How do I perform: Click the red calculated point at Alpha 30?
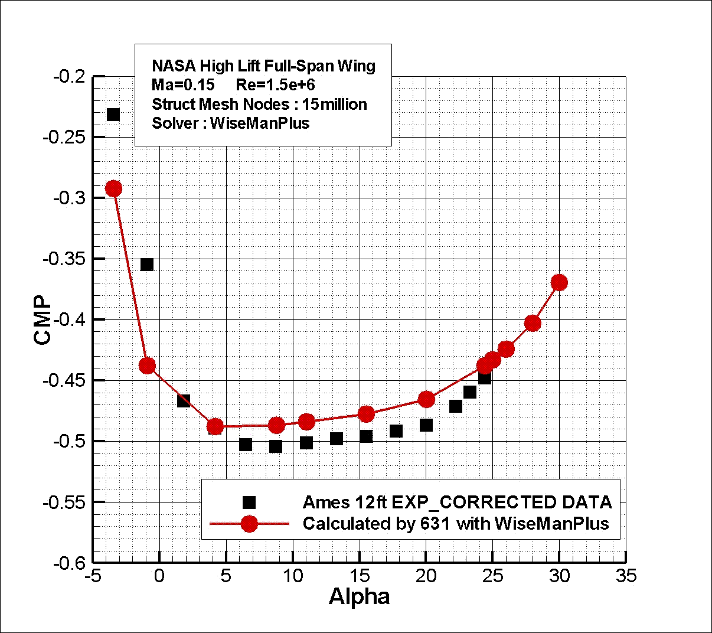pyautogui.click(x=559, y=283)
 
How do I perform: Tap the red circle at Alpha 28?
pyautogui.click(x=533, y=323)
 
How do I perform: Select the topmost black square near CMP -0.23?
pyautogui.click(x=113, y=115)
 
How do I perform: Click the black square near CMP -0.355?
pyautogui.click(x=147, y=265)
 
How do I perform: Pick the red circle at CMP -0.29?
pyautogui.click(x=113, y=189)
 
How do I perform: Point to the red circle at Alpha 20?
pyautogui.click(x=426, y=400)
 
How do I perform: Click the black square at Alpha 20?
pyautogui.click(x=426, y=425)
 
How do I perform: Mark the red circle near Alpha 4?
pyautogui.click(x=215, y=426)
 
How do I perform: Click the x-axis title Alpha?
pyautogui.click(x=359, y=596)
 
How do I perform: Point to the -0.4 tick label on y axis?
pyautogui.click(x=70, y=319)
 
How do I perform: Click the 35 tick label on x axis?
pyautogui.click(x=626, y=576)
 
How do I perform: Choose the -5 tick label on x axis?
pyautogui.click(x=93, y=576)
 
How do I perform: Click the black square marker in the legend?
pyautogui.click(x=249, y=503)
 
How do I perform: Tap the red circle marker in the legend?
pyautogui.click(x=249, y=524)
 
